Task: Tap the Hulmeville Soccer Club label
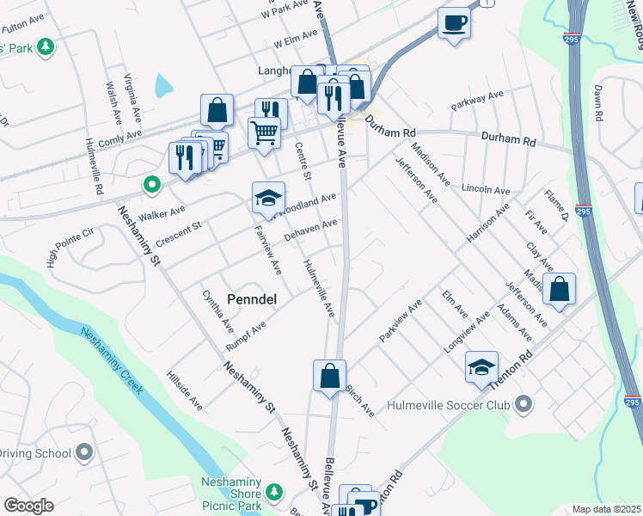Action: point(448,404)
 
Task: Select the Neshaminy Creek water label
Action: point(112,361)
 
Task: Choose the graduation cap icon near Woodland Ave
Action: point(268,199)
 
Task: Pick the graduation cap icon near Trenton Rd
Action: point(481,366)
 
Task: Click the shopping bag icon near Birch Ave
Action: point(329,376)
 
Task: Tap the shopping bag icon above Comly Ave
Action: point(217,110)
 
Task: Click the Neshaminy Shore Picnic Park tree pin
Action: point(274,492)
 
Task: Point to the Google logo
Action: point(28,506)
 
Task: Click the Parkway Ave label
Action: point(477,100)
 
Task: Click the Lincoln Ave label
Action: point(486,189)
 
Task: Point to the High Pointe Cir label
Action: point(70,247)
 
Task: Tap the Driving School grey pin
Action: point(84,451)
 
